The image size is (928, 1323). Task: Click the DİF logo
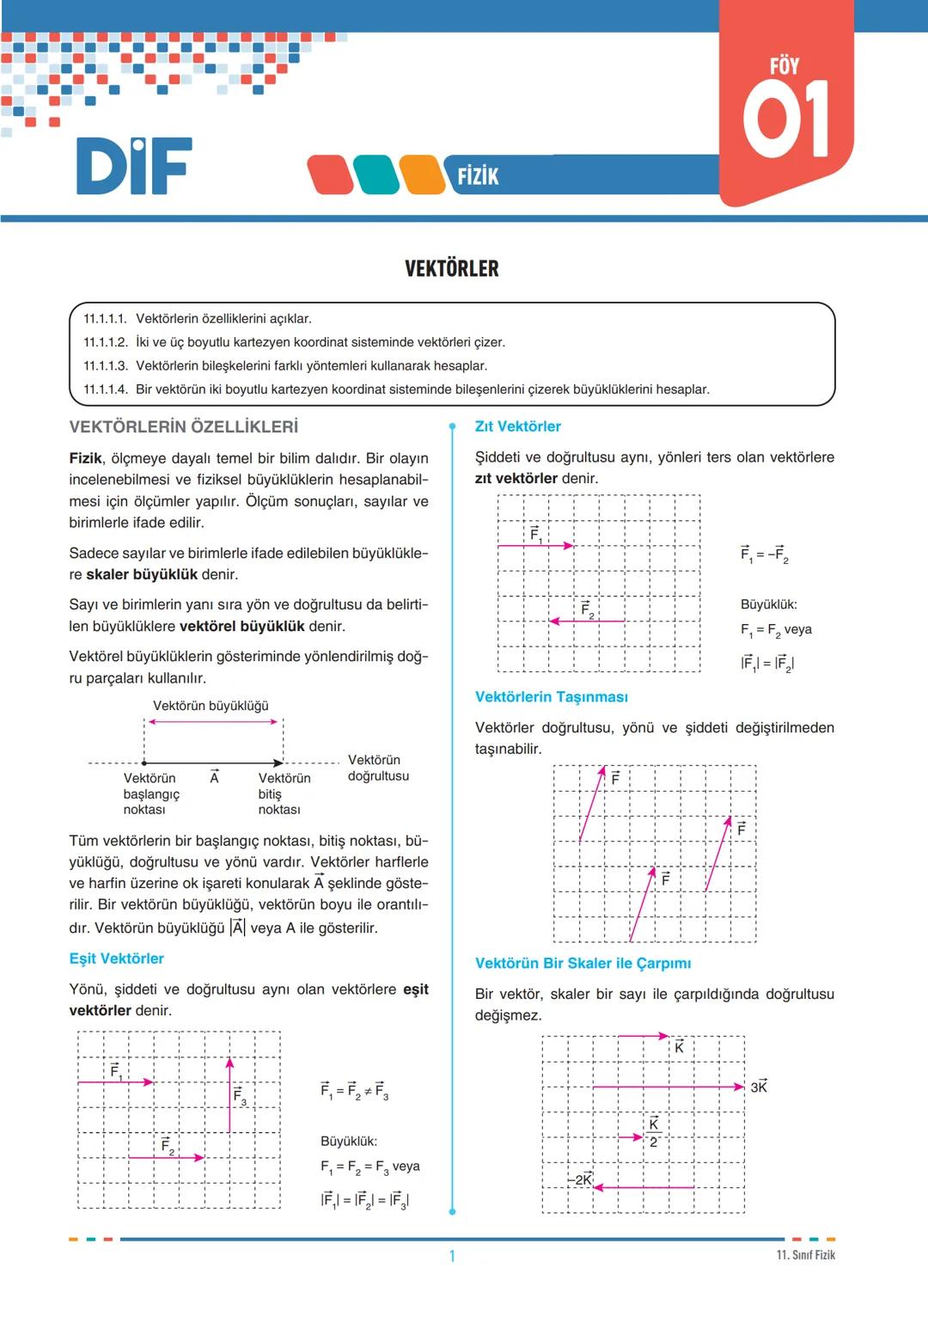click(x=134, y=166)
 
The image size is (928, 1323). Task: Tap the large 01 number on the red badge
click(x=785, y=119)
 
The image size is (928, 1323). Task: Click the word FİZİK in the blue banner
click(x=478, y=176)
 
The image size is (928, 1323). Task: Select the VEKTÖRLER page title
click(x=451, y=269)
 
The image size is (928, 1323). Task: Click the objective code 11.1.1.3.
click(x=105, y=365)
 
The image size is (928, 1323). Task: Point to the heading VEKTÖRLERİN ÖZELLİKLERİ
click(x=183, y=426)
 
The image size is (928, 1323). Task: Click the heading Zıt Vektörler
click(x=517, y=426)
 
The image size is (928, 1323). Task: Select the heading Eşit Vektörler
click(x=116, y=959)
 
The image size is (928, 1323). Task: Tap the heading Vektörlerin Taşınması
click(x=551, y=696)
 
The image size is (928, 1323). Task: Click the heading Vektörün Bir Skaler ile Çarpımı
click(x=583, y=963)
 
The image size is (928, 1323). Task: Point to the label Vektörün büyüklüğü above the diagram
click(x=211, y=706)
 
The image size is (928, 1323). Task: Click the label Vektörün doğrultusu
click(x=378, y=768)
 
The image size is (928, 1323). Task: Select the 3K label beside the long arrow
click(x=759, y=1087)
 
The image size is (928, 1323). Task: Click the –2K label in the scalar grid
click(x=581, y=1179)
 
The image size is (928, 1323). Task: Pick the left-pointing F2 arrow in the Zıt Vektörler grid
click(x=587, y=621)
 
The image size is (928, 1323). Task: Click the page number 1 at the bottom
click(x=452, y=1256)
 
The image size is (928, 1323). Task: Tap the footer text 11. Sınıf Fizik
click(x=805, y=1255)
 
